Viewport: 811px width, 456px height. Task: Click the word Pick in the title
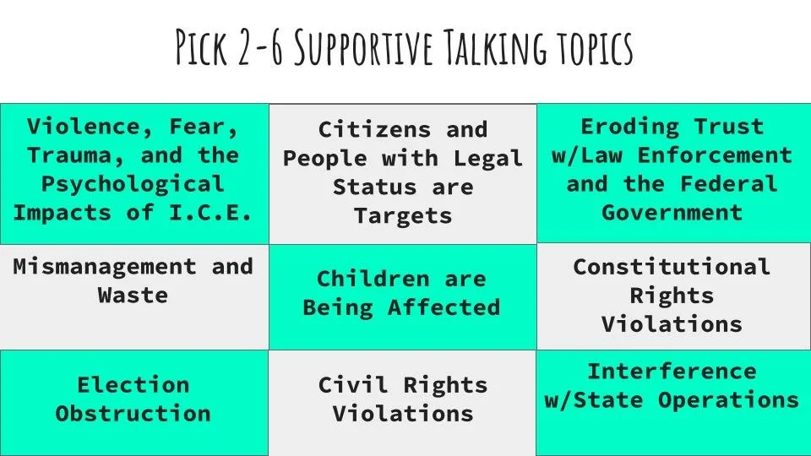[201, 49]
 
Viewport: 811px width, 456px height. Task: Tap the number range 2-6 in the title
[258, 49]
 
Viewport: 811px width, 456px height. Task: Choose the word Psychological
[133, 184]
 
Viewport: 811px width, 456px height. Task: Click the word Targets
[403, 216]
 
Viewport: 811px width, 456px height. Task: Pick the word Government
[672, 213]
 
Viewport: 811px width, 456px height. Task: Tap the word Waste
[133, 296]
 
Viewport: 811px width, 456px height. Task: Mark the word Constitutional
[672, 267]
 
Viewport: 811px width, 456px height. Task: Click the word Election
[133, 385]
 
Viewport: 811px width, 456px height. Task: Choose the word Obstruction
[133, 414]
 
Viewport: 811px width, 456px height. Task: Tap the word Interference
[672, 372]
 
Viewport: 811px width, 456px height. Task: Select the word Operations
[728, 400]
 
